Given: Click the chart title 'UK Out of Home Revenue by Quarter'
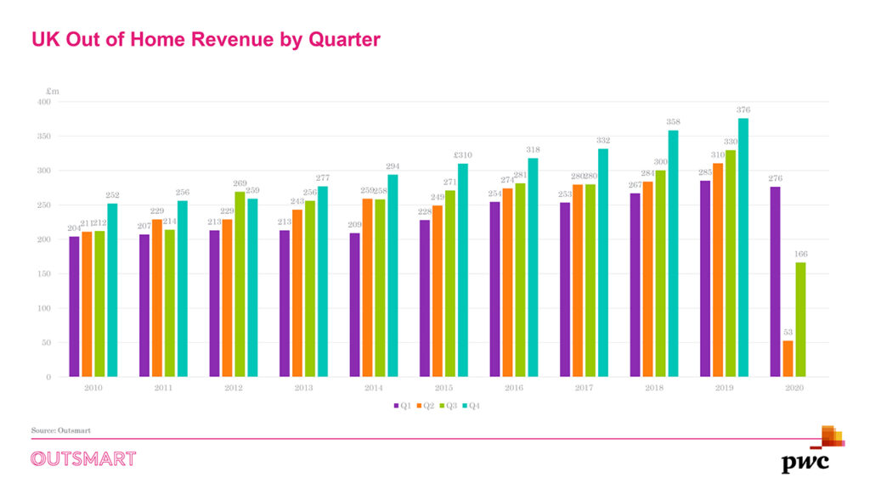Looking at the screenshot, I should pos(206,39).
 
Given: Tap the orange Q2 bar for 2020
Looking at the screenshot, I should pos(788,359).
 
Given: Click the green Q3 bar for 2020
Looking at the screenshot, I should pos(800,319).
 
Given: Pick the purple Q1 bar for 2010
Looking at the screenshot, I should pos(74,306).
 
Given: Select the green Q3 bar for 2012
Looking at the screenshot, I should pos(240,284).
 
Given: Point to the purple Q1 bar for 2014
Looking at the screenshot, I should pos(354,305).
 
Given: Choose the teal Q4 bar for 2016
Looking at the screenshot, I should pos(533,267).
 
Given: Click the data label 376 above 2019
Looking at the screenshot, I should pos(743,110).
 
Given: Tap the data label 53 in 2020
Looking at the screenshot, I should pos(788,332).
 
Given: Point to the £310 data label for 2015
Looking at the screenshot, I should pos(462,155).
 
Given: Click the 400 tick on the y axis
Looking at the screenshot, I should pos(43,102).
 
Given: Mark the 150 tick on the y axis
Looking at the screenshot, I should pos(43,274).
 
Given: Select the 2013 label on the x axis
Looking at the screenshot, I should pos(303,387).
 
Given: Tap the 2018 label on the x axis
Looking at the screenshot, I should pos(654,387).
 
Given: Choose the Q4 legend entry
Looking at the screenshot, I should pos(472,406).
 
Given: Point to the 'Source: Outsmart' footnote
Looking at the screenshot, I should pos(61,431).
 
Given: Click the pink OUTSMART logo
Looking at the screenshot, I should pos(83,459).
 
